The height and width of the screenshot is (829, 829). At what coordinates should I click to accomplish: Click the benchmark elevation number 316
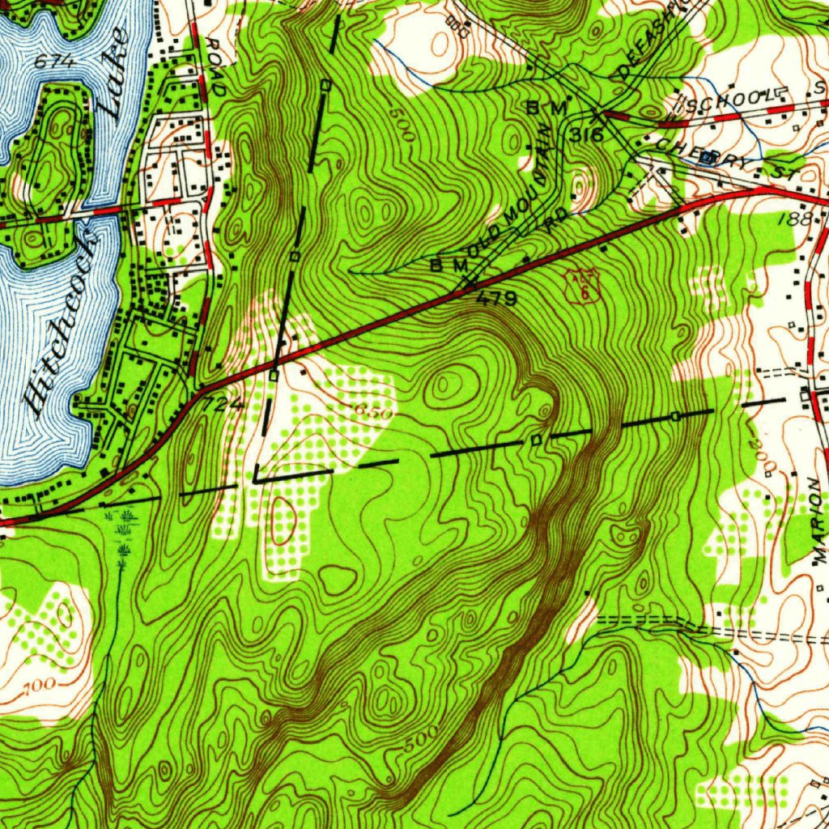coord(585,134)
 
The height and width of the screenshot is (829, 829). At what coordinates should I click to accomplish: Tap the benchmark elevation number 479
coord(495,299)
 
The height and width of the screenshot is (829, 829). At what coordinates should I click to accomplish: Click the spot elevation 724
coord(221,402)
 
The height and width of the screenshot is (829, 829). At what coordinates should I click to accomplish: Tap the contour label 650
coord(373,410)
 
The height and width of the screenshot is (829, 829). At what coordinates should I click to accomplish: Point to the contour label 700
coord(36,687)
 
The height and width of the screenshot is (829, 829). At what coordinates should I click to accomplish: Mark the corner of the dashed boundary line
coord(255,479)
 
